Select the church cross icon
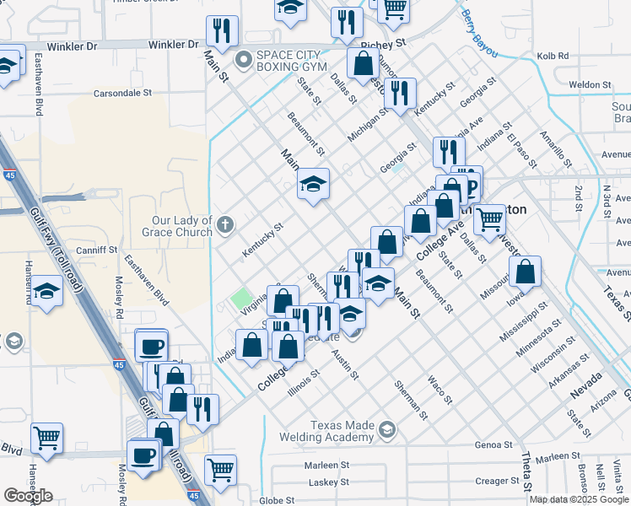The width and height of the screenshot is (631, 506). pos(224,225)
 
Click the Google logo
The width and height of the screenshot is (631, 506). pos(29,495)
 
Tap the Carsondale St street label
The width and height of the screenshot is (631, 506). pos(122,93)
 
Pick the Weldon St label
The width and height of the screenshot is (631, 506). pos(590,84)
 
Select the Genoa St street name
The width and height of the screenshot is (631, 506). pos(493,444)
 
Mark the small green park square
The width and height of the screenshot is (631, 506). pos(242,299)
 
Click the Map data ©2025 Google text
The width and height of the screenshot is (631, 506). pos(579,499)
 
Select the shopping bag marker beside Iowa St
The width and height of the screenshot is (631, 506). pos(525,272)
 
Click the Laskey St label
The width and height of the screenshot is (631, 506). pos(327,482)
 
